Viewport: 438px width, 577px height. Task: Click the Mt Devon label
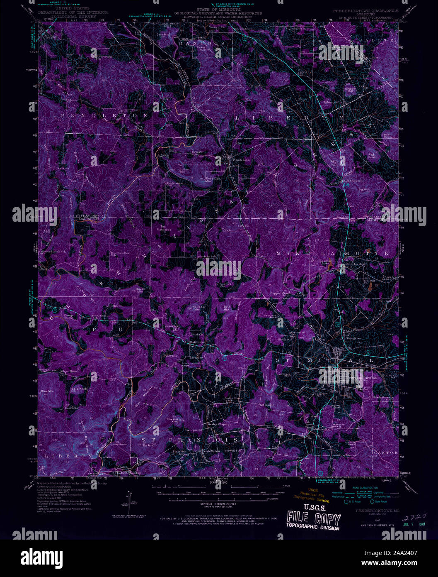pyautogui.click(x=267, y=405)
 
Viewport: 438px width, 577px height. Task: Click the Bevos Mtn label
pyautogui.click(x=142, y=289)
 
